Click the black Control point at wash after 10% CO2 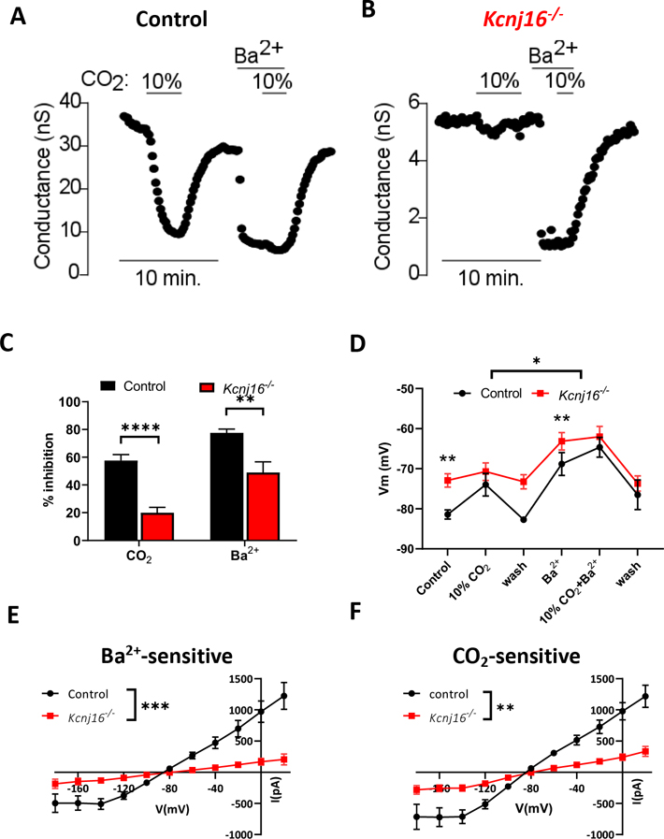click(524, 519)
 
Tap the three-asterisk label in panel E click(157, 682)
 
